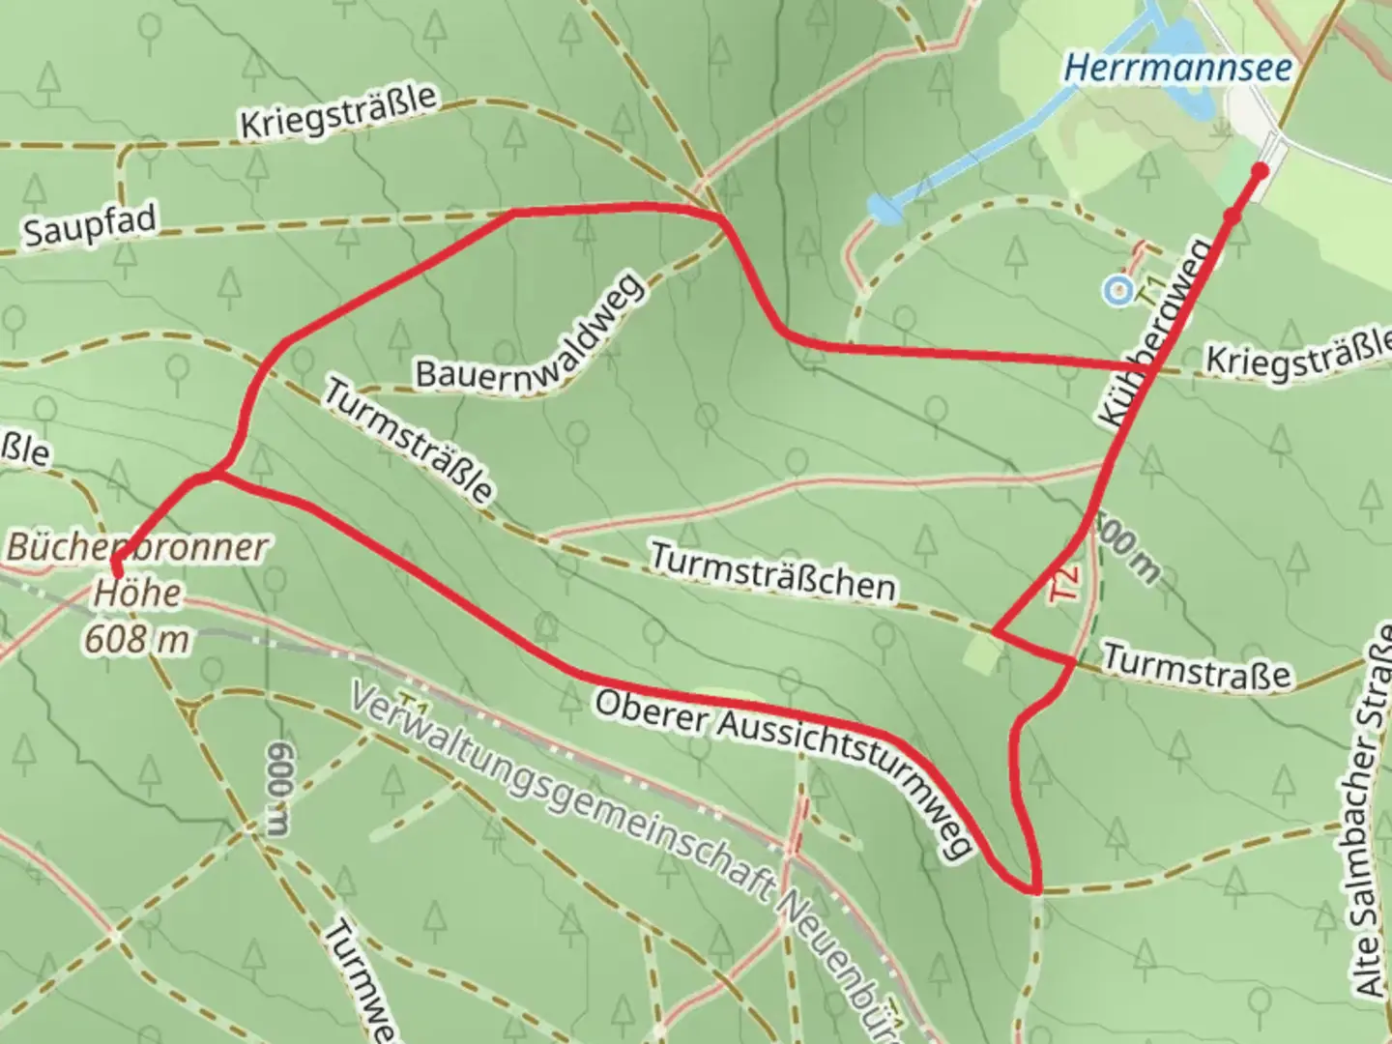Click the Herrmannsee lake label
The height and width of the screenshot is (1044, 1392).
(x=1177, y=69)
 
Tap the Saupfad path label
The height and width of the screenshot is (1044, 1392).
(x=90, y=226)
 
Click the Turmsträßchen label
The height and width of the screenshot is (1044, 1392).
(x=771, y=572)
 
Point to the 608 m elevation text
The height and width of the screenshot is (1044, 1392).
(x=136, y=638)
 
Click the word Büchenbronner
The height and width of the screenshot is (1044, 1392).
(x=136, y=547)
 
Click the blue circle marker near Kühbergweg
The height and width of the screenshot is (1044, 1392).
(x=1118, y=289)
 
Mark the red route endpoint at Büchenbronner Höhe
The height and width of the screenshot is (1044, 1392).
(x=116, y=563)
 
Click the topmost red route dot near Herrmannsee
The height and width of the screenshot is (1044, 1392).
(x=1260, y=171)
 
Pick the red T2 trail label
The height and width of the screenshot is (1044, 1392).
(x=1064, y=586)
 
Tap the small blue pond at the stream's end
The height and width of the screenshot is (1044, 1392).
(x=882, y=206)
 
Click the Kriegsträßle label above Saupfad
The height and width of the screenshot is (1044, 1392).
(x=338, y=112)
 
